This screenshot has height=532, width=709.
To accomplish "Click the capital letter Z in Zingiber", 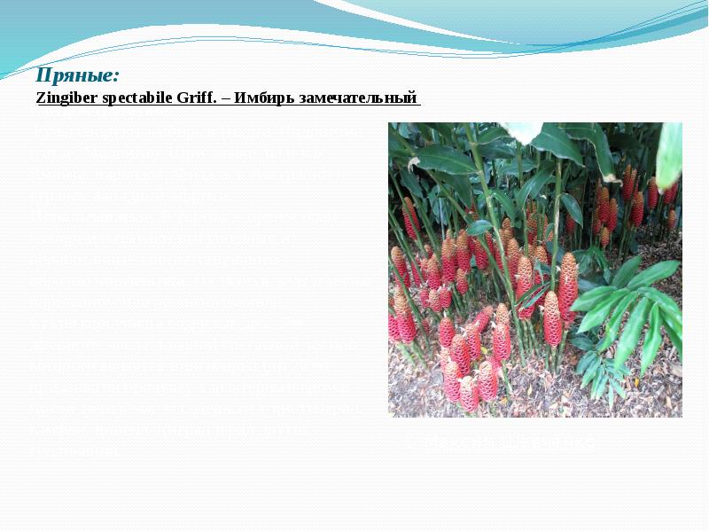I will (40, 98).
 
